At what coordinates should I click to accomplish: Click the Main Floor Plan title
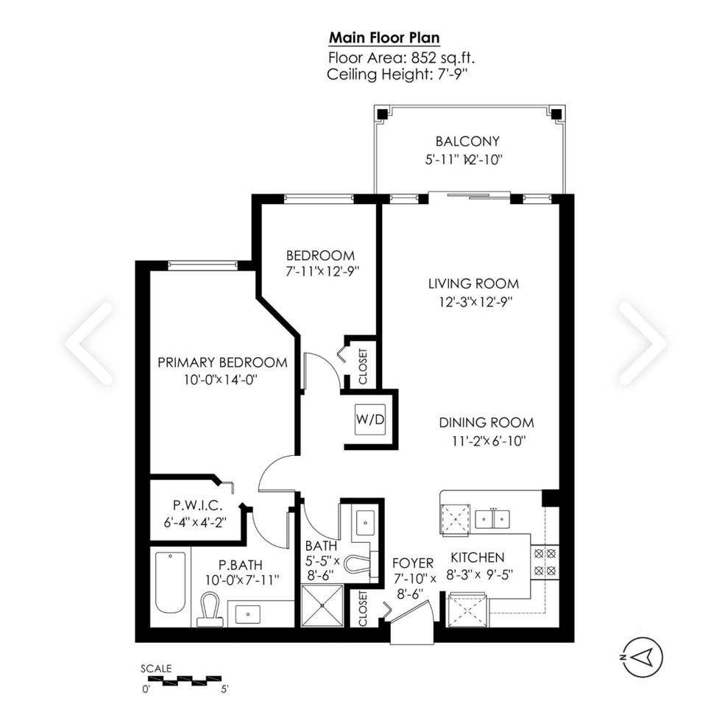pos(384,38)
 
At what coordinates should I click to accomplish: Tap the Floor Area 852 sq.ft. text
pos(384,57)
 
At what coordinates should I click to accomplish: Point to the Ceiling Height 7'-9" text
pos(384,74)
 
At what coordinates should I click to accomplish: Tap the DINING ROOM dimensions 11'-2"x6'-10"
pos(486,441)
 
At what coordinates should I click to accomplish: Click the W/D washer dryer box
pos(369,419)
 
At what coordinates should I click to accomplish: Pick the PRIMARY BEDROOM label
pos(222,362)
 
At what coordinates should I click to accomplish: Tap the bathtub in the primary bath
pos(170,583)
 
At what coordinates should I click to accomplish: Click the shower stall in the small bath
pos(322,605)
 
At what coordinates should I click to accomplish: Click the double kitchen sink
pos(492,518)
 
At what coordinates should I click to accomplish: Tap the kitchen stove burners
pos(545,561)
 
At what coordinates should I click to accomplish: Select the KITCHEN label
pos(477,557)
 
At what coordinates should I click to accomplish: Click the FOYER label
pos(412,563)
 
